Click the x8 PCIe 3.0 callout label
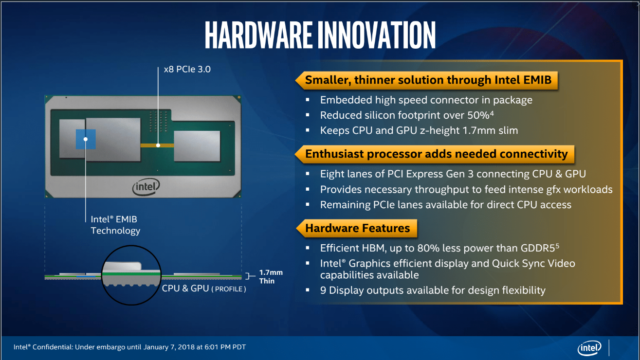click(x=187, y=69)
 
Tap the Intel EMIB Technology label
click(x=115, y=225)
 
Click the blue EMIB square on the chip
click(x=86, y=139)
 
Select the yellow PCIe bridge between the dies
click(x=157, y=145)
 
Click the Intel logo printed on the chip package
click(x=146, y=187)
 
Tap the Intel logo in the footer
click(x=589, y=348)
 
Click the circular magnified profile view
click(x=131, y=275)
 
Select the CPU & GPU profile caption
click(x=204, y=288)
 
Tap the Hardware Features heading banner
click(x=357, y=228)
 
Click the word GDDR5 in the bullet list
click(x=537, y=248)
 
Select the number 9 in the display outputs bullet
click(x=323, y=290)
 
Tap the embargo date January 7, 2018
click(x=169, y=347)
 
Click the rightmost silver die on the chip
click(x=197, y=146)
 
